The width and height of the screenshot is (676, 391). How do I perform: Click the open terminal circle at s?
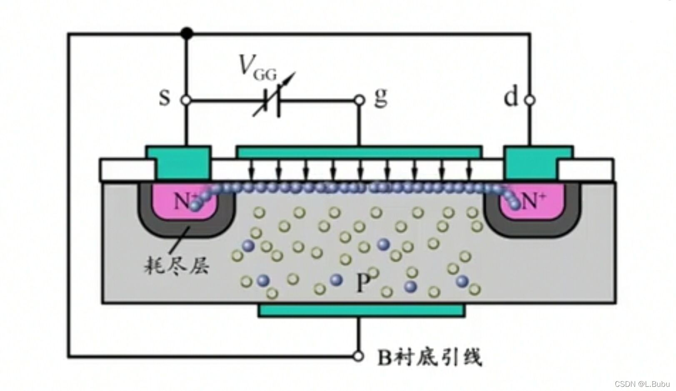186,100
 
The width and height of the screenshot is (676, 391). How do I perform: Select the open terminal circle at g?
359,100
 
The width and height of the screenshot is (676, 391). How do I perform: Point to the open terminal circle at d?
530,100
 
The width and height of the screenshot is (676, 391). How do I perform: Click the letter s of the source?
165,98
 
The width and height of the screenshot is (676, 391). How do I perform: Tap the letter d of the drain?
511,98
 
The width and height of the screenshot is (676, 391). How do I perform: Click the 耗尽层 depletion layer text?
177,264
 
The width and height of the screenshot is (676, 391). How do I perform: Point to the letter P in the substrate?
363,283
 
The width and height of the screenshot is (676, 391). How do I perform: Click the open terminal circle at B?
358,356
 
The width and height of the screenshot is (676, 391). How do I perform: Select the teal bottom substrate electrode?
361,310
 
